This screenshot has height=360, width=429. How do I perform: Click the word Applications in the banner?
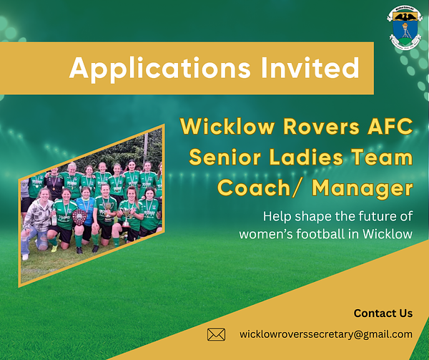(159, 68)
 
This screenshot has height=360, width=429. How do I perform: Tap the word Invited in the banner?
(310, 67)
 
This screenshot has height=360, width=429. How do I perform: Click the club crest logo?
(405, 28)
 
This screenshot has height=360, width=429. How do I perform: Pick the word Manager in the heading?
(363, 189)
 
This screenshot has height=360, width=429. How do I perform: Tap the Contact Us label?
(383, 313)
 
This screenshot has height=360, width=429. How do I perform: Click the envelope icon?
(216, 334)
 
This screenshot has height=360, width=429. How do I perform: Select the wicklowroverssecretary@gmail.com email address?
(326, 334)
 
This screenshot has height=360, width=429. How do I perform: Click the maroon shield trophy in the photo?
(79, 217)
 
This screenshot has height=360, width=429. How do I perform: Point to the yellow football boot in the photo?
(54, 248)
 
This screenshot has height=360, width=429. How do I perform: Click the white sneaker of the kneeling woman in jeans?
(25, 257)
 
